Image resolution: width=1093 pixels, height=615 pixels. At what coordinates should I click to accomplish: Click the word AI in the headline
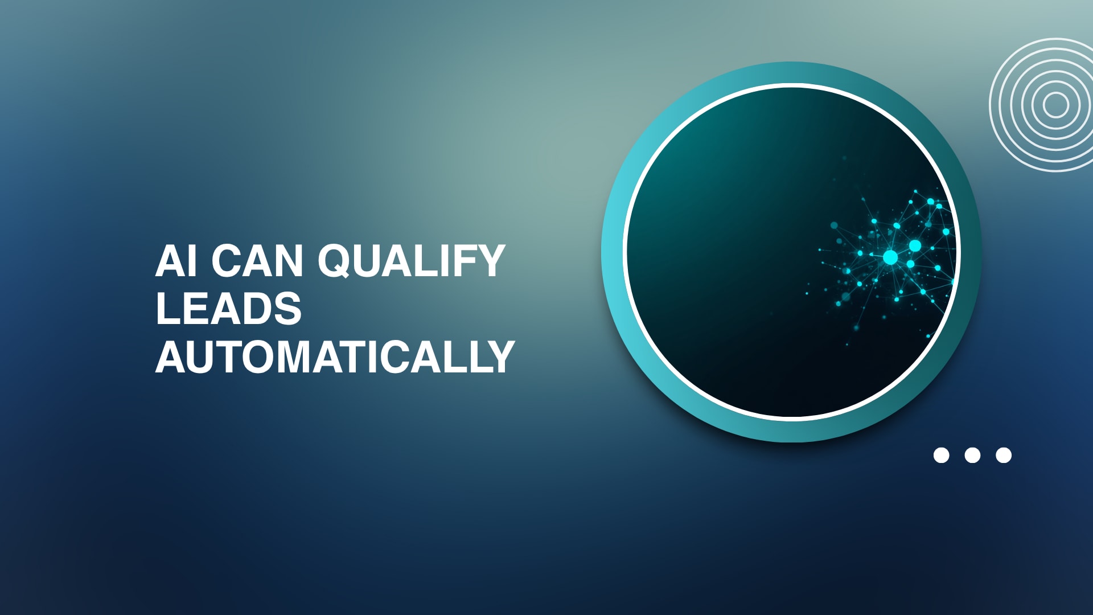point(176,261)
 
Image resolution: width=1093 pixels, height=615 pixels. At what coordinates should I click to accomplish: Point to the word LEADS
point(228,309)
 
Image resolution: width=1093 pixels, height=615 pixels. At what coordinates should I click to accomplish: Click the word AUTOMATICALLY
point(335,357)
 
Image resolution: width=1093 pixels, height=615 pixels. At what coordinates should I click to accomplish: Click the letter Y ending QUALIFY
point(489,261)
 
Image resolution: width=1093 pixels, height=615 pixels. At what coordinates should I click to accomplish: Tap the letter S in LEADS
point(286,309)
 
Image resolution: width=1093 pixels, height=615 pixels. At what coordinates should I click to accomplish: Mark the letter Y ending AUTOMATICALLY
point(499,357)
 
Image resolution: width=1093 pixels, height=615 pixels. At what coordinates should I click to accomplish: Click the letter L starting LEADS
point(169,309)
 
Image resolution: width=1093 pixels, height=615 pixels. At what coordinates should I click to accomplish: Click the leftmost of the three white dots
point(942,455)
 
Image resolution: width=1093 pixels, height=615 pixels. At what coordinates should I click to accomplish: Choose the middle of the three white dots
point(972,455)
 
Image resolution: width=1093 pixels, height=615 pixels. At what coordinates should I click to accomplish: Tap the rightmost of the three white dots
point(1004,455)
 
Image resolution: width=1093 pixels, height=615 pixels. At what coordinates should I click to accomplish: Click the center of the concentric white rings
point(1056,105)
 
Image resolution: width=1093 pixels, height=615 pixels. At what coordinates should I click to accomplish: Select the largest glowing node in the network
point(890,257)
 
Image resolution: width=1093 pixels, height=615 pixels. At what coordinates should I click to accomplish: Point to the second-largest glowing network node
point(915,245)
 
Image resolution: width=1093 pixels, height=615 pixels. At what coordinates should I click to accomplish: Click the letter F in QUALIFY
point(459,261)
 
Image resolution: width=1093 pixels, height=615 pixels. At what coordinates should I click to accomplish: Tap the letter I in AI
point(193,261)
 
